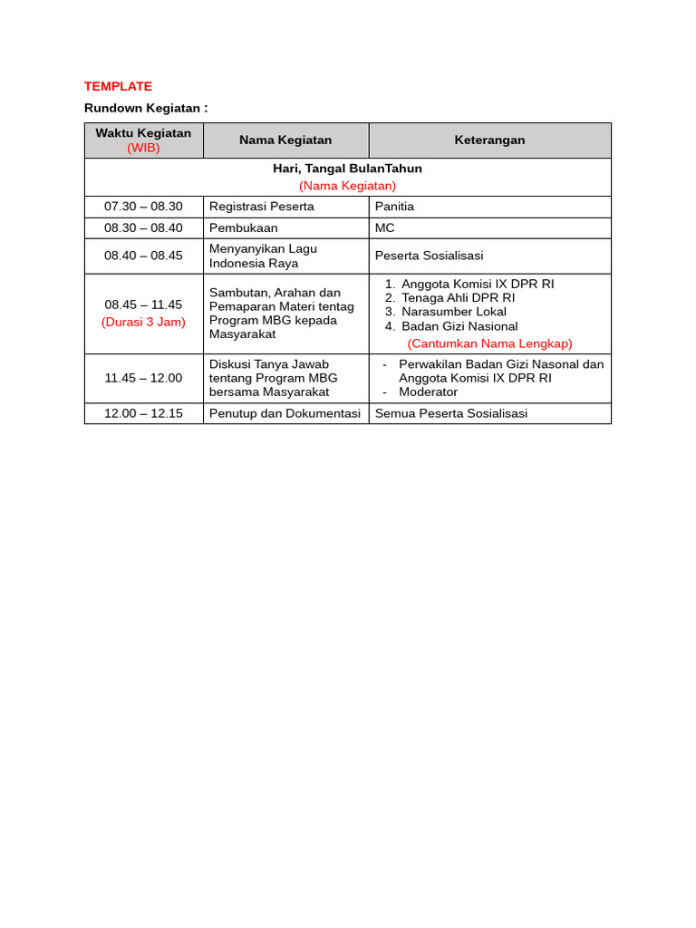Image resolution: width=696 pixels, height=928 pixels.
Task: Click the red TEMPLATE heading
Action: click(118, 86)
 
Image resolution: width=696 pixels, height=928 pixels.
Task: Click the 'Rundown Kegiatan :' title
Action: click(146, 108)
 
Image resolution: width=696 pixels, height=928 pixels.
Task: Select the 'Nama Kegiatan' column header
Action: click(285, 140)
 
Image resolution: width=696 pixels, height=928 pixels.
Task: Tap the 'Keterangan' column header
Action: click(489, 140)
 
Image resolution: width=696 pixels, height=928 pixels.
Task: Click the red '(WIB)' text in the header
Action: click(143, 148)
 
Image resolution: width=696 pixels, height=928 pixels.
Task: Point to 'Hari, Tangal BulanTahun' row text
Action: click(347, 169)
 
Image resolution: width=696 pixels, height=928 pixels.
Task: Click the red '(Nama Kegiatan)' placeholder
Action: click(347, 186)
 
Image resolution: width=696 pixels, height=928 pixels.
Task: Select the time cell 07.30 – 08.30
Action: click(143, 207)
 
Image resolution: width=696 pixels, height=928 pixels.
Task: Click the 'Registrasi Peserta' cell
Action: click(262, 207)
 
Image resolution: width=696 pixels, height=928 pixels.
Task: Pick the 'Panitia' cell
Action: click(394, 207)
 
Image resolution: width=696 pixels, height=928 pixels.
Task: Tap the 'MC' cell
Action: click(385, 228)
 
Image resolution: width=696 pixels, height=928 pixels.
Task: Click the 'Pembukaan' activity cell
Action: click(244, 228)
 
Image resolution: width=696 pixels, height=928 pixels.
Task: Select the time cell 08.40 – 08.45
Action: click(143, 256)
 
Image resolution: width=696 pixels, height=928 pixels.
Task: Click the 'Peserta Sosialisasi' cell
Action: click(429, 256)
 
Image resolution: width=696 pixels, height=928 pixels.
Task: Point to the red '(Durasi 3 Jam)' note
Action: click(143, 322)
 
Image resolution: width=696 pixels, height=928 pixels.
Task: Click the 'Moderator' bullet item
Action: click(428, 392)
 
